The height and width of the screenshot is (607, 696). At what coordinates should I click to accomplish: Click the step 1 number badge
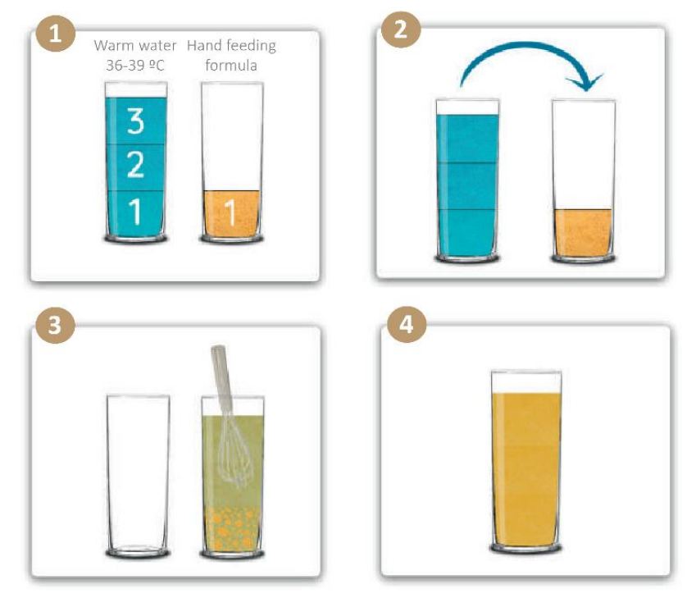56,34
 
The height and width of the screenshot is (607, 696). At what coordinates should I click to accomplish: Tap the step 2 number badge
401,30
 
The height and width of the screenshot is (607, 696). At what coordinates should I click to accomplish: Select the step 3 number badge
55,325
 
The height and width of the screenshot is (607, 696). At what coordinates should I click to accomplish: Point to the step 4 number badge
407,324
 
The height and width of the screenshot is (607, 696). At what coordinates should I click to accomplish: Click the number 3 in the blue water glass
136,121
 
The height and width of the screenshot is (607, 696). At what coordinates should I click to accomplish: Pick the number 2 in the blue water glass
136,164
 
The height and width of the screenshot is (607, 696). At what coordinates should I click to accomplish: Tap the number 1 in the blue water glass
135,212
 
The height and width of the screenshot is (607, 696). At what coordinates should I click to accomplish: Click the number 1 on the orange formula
230,212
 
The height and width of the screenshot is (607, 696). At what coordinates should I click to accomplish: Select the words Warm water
135,45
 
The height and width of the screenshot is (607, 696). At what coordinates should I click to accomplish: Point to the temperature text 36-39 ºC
135,66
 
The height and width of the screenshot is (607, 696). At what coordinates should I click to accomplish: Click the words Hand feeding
231,45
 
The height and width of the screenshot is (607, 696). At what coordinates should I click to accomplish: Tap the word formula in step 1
231,66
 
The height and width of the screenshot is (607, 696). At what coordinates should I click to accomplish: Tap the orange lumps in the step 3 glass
232,527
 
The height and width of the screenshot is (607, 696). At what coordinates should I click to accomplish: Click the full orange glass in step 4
526,462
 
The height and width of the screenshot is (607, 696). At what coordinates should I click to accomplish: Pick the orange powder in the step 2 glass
583,233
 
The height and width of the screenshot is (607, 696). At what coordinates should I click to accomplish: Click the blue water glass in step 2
467,180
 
